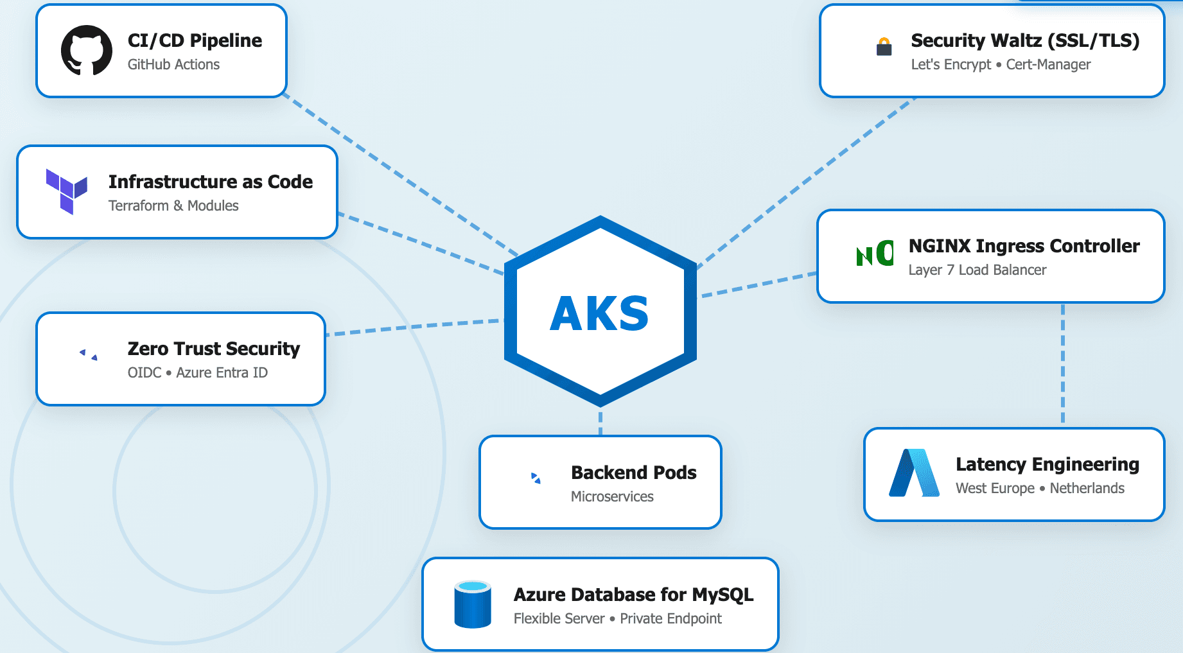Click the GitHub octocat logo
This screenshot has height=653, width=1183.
point(86,51)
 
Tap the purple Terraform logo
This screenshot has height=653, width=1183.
point(67,191)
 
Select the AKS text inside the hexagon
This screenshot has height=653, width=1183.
point(599,314)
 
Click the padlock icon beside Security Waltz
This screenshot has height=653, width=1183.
point(884,47)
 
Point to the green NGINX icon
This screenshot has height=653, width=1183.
point(875,254)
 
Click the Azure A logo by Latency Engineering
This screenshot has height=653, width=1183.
point(914,473)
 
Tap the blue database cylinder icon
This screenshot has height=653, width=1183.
point(473,604)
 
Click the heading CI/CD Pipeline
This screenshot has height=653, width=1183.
point(195,40)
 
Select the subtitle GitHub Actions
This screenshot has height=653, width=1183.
point(173,65)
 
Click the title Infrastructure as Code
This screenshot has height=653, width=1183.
point(210,182)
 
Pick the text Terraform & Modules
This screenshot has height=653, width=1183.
point(173,206)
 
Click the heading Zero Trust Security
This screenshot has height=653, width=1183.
point(213,349)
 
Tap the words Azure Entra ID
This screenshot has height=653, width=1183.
point(222,373)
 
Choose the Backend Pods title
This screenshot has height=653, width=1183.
point(633,473)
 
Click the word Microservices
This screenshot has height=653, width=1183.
point(612,497)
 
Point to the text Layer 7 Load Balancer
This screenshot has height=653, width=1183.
point(977,270)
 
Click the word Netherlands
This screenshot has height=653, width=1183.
point(1087,489)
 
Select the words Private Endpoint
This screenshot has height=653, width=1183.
point(670,619)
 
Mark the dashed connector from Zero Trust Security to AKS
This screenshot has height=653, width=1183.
point(414,327)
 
